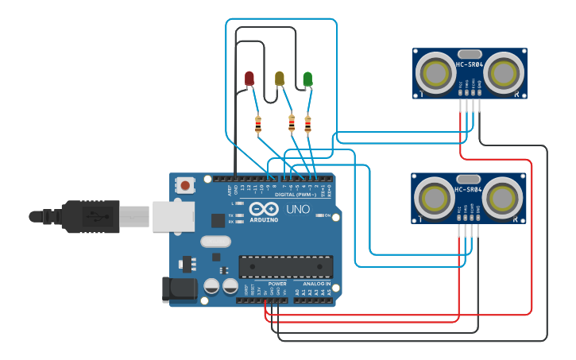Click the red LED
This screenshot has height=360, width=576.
[249, 78]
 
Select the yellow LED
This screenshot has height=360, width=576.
[279, 77]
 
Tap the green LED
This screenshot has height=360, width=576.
[307, 78]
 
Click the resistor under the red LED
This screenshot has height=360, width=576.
[258, 123]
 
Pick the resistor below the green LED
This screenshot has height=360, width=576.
[307, 123]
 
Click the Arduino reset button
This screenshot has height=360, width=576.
[185, 185]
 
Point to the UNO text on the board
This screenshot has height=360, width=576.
[298, 210]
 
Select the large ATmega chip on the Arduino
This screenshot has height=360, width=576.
[286, 267]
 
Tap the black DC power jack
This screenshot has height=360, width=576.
[179, 289]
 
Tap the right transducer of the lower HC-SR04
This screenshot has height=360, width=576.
[503, 198]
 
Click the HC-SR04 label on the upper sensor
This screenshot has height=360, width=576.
[469, 64]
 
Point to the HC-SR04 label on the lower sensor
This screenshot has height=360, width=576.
[469, 189]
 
